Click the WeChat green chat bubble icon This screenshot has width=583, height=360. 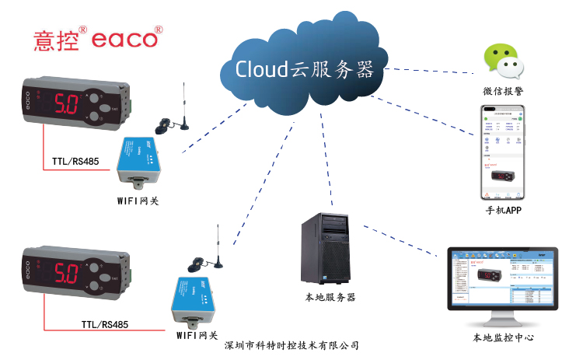[x=501, y=63]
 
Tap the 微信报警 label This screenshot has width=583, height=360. [x=503, y=92]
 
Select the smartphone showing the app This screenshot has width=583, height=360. [x=503, y=153]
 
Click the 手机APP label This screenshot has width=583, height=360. [x=503, y=210]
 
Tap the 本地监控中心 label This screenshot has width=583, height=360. [x=503, y=338]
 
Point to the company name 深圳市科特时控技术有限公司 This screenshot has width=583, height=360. [x=291, y=345]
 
